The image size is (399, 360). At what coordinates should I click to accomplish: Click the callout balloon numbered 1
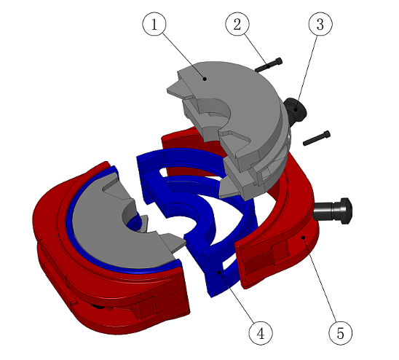tap(154, 24)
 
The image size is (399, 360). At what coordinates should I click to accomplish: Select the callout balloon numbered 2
tap(237, 24)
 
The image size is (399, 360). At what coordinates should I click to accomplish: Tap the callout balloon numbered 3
tap(320, 24)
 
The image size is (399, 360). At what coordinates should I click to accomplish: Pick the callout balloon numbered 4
tap(261, 333)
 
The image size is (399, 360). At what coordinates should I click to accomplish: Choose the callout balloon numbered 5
tap(341, 333)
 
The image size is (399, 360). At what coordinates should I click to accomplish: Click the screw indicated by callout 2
tap(269, 65)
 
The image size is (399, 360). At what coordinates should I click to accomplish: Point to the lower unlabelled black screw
tap(317, 138)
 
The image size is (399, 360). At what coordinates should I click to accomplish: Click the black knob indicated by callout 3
tap(295, 110)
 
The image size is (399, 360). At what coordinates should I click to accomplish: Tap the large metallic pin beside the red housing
tap(333, 211)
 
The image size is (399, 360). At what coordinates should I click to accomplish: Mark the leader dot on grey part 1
tap(205, 79)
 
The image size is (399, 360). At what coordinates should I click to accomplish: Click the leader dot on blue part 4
tap(219, 273)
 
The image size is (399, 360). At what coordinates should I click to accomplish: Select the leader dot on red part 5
tap(303, 238)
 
